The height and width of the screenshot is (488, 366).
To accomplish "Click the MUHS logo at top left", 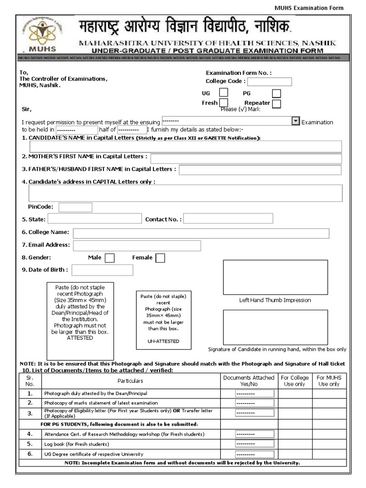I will (x=42, y=34).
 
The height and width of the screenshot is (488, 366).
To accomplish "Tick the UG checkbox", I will (x=223, y=93).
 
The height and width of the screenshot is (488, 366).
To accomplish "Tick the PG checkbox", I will (x=276, y=93).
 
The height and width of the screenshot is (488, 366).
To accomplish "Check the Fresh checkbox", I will (x=223, y=103).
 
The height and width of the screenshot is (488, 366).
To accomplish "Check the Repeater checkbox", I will (x=276, y=103).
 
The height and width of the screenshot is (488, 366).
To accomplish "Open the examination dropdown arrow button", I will (x=295, y=121).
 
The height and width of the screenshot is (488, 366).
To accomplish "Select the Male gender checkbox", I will (x=109, y=258).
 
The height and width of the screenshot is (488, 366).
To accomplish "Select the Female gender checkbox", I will (x=161, y=258).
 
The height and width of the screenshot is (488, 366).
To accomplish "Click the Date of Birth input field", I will (x=102, y=270).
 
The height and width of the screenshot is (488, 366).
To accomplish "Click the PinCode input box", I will (x=75, y=207).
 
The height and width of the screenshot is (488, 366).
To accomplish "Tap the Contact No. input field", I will (x=228, y=219).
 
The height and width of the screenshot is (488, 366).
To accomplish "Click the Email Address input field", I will (x=137, y=245).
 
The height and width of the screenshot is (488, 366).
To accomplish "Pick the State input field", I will (x=94, y=219).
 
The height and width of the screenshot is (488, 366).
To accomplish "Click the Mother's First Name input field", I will (x=246, y=159).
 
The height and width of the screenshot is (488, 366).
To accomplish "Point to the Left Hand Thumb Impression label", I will (x=274, y=300).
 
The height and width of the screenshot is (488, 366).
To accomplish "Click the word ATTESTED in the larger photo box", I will (x=80, y=338).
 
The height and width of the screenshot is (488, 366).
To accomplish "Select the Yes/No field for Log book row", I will (x=254, y=444).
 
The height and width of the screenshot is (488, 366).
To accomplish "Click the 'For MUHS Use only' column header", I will (x=329, y=380).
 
